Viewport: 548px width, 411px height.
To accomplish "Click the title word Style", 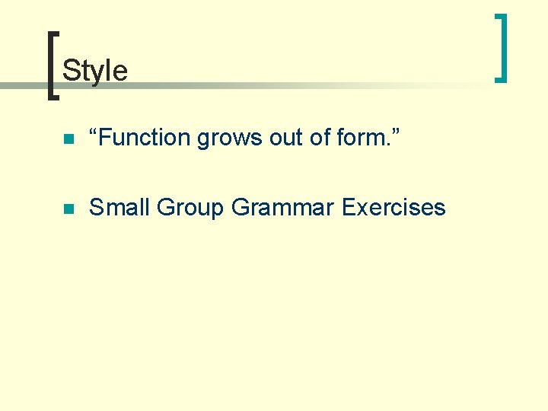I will tap(95, 71).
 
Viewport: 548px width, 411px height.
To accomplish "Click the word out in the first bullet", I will tap(285, 138).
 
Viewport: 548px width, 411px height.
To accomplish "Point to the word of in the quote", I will tap(321, 138).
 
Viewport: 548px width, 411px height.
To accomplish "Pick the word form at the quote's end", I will tap(360, 138).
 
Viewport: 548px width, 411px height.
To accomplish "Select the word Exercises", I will tap(393, 207).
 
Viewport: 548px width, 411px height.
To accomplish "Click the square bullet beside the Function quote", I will tap(68, 139).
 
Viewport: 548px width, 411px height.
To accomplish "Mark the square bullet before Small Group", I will tap(68, 209).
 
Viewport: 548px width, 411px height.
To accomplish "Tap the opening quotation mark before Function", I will tap(94, 132).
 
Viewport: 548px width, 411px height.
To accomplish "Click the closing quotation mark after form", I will tap(396, 132).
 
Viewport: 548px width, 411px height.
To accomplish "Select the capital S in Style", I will tap(70, 71).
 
